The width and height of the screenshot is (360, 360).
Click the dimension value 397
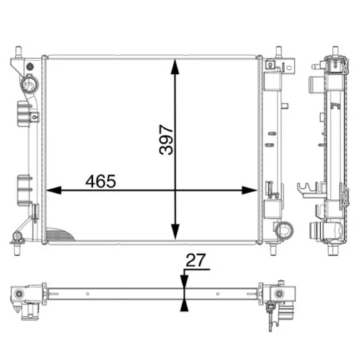pyautogui.click(x=166, y=140)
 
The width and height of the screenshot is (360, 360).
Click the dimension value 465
pyautogui.click(x=101, y=181)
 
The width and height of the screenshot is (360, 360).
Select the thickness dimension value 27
pyautogui.click(x=196, y=261)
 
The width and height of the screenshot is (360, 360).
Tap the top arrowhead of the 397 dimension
pyautogui.click(x=176, y=67)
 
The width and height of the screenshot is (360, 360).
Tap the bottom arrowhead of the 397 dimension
pyautogui.click(x=176, y=232)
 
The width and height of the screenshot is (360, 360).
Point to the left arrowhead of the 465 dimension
pyautogui.click(x=54, y=190)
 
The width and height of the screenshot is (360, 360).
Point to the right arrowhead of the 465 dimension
pyautogui.click(x=249, y=190)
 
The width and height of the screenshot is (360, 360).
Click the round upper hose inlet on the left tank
pyautogui.click(x=30, y=84)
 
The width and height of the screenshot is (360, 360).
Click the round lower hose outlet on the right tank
pyautogui.click(x=284, y=230)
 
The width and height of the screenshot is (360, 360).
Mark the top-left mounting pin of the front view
pyautogui.click(x=18, y=52)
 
